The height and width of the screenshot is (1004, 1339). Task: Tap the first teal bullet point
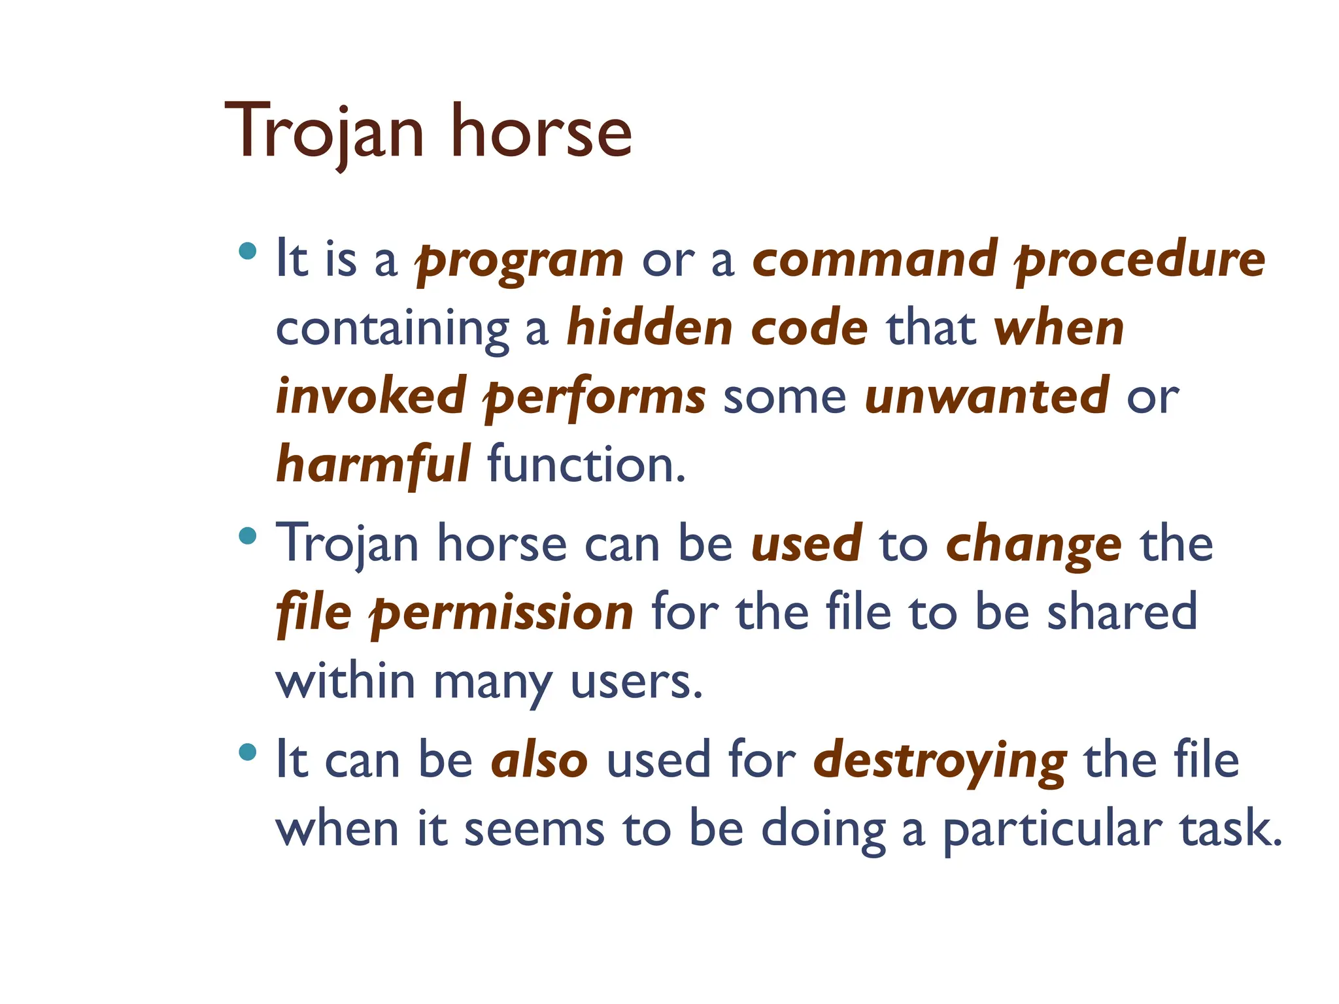click(x=248, y=251)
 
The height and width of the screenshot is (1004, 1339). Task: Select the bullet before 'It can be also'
click(x=248, y=752)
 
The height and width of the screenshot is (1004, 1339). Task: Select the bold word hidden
click(x=650, y=328)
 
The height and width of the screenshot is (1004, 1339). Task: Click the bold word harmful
click(x=373, y=465)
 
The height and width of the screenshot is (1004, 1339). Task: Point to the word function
click(x=586, y=465)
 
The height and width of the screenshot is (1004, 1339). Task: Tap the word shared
click(x=1122, y=612)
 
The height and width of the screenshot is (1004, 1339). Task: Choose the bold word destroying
click(x=940, y=762)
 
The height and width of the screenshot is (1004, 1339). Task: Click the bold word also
click(x=539, y=761)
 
